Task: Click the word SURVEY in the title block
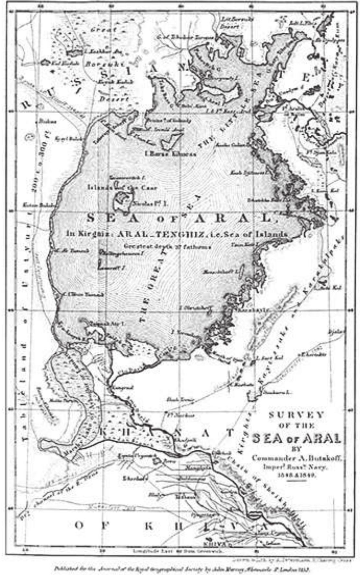[296, 415]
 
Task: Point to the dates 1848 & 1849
[296, 475]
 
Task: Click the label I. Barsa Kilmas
[171, 154]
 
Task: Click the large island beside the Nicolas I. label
[123, 201]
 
